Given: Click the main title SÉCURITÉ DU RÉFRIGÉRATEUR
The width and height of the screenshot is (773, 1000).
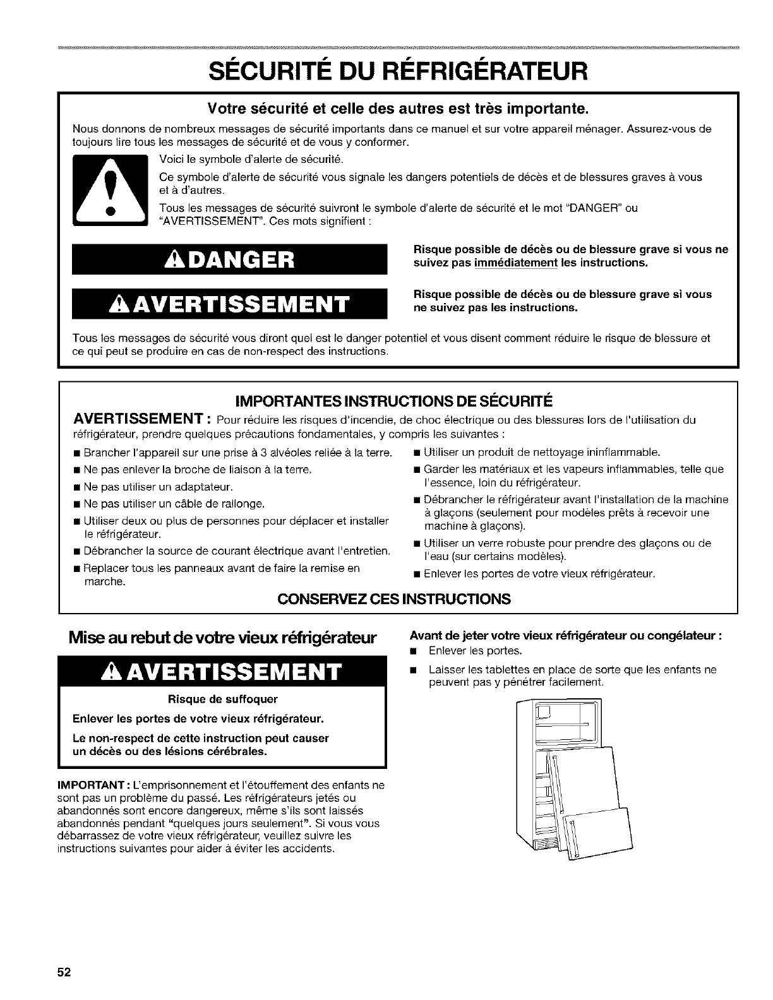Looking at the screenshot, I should click(x=386, y=71).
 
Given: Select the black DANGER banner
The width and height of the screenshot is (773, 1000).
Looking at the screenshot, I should click(x=229, y=259).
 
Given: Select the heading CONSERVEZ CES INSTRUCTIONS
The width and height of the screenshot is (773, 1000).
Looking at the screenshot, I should click(x=393, y=598).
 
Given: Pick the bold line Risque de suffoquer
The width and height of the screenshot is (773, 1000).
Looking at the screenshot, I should click(x=222, y=699).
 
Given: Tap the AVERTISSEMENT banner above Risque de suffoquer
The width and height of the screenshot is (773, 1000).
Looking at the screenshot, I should click(x=229, y=669).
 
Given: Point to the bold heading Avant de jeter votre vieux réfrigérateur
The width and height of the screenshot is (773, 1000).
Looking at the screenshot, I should click(x=566, y=635).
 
